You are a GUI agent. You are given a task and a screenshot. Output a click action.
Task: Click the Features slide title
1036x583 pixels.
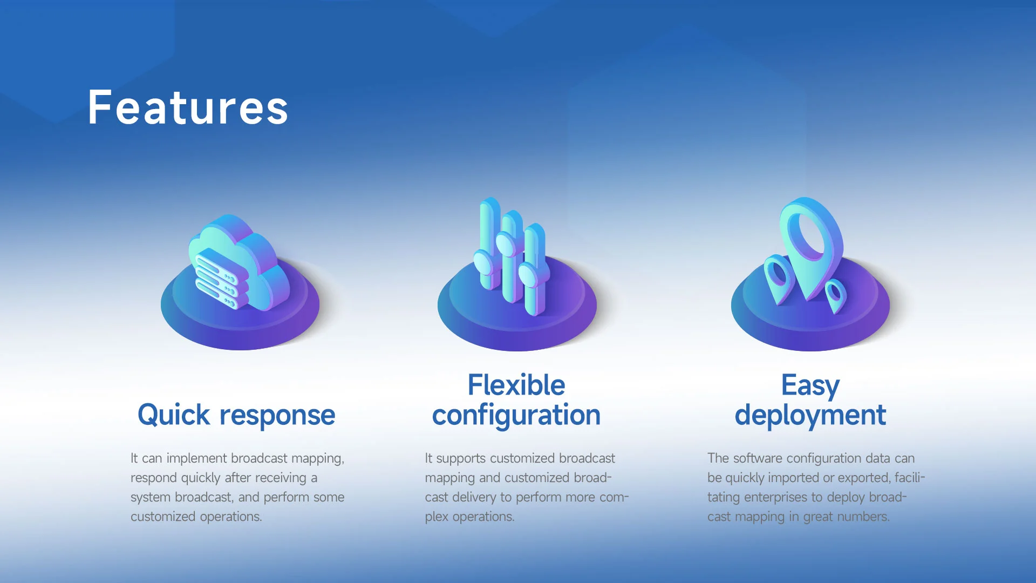[188, 107]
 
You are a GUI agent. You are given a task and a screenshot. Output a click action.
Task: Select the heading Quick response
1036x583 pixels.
[236, 415]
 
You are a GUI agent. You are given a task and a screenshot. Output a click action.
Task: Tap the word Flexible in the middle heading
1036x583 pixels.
[516, 385]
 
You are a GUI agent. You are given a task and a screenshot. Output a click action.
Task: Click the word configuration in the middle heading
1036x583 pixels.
[516, 415]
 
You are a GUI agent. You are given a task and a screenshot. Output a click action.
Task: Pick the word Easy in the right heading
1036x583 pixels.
[810, 386]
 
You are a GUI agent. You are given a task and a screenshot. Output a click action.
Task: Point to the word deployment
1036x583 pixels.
[810, 415]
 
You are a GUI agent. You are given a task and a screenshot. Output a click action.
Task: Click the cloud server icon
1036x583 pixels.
[239, 263]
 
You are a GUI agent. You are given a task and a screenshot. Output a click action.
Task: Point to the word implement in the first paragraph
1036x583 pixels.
[196, 459]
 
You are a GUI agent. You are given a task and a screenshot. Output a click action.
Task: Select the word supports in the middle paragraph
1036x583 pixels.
[461, 459]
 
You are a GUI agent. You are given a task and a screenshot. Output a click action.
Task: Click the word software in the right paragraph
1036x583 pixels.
[758, 458]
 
